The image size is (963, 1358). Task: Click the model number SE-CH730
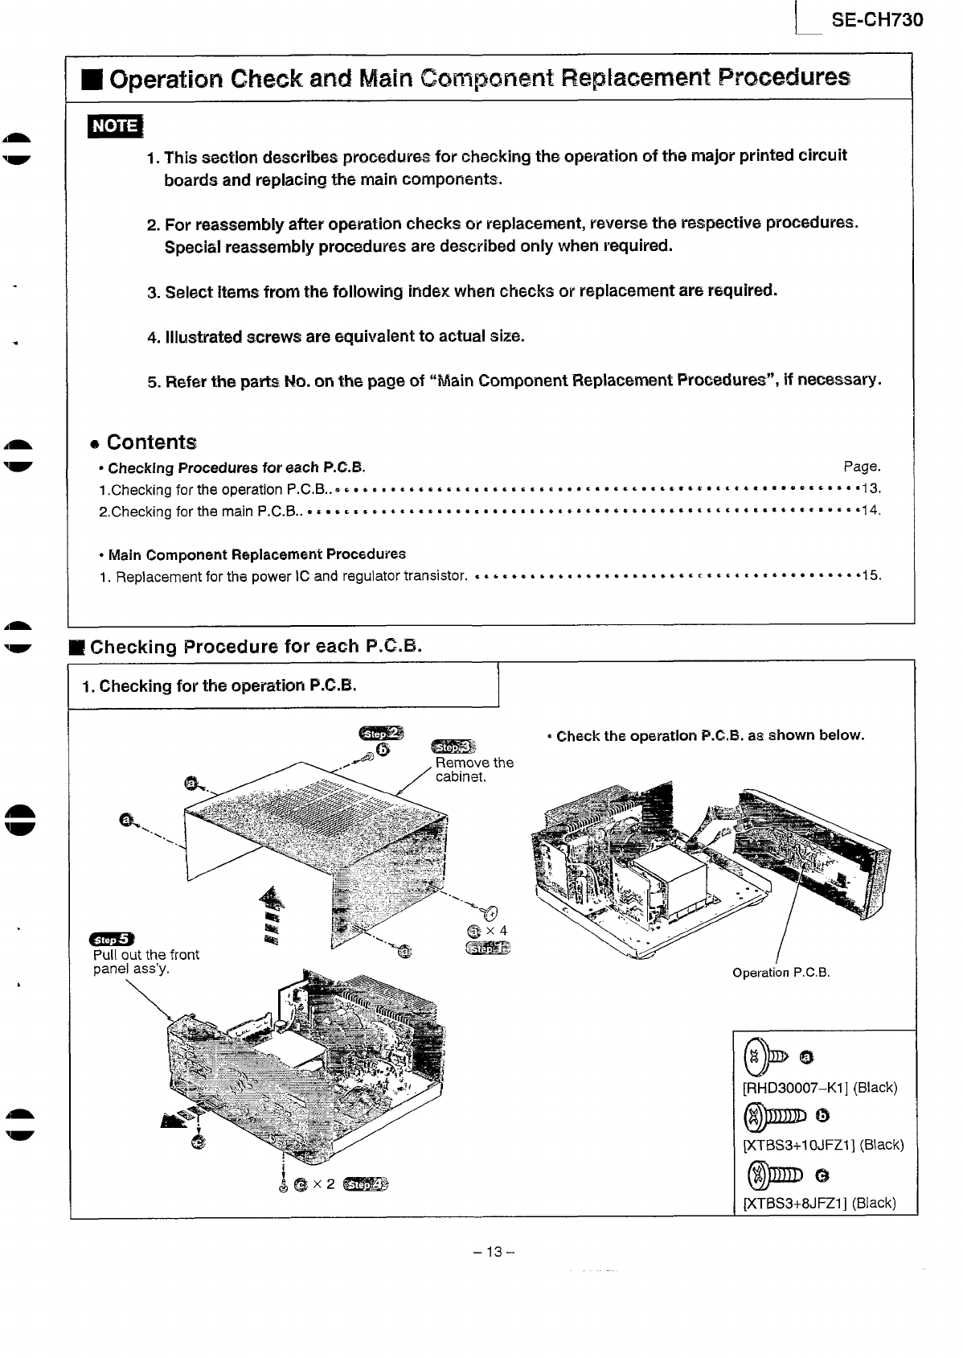click(877, 19)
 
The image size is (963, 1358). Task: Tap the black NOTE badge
click(116, 127)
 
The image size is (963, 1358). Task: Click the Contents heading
click(151, 442)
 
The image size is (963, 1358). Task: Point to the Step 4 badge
click(365, 1184)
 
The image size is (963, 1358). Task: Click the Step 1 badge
click(488, 949)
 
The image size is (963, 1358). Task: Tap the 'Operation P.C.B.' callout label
click(781, 973)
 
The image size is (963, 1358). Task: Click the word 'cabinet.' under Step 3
click(461, 777)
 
